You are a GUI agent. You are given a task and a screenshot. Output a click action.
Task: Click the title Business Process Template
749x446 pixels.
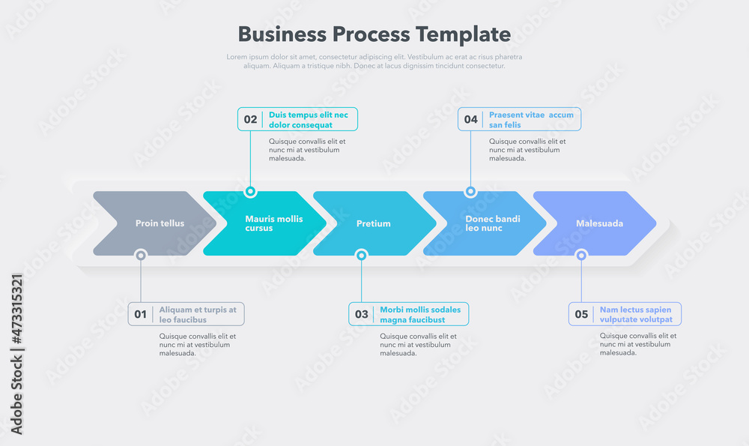[x=374, y=34]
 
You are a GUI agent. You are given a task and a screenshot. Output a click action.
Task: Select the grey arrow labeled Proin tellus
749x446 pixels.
[x=154, y=223]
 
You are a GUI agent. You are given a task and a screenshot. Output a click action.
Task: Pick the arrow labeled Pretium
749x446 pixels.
[x=374, y=223]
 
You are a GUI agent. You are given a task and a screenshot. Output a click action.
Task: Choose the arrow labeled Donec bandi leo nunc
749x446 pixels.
[x=485, y=223]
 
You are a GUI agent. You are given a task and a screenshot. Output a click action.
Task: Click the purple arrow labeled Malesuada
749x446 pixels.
[x=596, y=223]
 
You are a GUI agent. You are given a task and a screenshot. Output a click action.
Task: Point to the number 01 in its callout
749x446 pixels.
[x=140, y=315]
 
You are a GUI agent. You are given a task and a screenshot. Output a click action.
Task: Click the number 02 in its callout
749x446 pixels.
[x=250, y=120]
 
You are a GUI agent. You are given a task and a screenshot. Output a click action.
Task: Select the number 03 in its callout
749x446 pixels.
[x=361, y=315]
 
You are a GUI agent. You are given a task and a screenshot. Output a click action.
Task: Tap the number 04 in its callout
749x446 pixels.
[x=470, y=120]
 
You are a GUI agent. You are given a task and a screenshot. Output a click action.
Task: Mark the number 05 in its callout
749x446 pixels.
[x=581, y=315]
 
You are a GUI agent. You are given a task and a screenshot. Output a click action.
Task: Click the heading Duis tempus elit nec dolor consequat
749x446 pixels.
[x=309, y=120]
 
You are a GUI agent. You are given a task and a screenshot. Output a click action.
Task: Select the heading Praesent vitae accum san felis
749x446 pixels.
[x=530, y=120]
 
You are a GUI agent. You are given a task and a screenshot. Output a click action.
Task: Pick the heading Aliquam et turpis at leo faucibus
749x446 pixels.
[x=198, y=315]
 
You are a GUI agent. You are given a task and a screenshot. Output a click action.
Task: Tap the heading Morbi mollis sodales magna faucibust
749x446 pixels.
[x=420, y=315]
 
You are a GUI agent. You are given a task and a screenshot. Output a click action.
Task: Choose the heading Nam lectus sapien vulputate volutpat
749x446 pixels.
[x=636, y=315]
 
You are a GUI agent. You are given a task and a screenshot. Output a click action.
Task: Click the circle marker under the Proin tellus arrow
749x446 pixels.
[x=140, y=256]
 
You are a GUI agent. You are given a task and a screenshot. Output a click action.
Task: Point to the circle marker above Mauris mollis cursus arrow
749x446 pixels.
[x=250, y=192]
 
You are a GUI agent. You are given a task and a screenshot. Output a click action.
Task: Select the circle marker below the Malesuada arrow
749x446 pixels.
[x=581, y=256]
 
